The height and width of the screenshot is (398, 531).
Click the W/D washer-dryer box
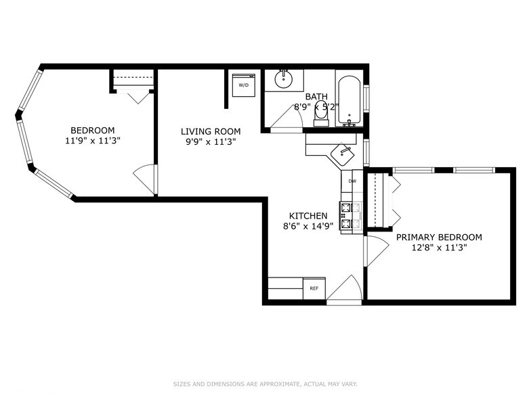click(x=242, y=85)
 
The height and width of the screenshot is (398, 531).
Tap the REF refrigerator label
click(x=314, y=288)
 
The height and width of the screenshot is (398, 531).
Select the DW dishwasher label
click(x=352, y=181)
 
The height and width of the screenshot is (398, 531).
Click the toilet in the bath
click(x=321, y=114)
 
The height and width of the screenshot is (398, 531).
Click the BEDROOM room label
click(x=93, y=131)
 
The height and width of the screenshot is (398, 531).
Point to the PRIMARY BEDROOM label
click(x=439, y=238)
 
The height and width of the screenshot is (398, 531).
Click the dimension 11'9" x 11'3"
click(x=93, y=141)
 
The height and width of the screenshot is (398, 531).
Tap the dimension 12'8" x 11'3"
click(x=439, y=248)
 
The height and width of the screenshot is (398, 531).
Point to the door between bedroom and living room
click(x=145, y=179)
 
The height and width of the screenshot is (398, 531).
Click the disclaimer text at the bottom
click(x=265, y=384)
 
